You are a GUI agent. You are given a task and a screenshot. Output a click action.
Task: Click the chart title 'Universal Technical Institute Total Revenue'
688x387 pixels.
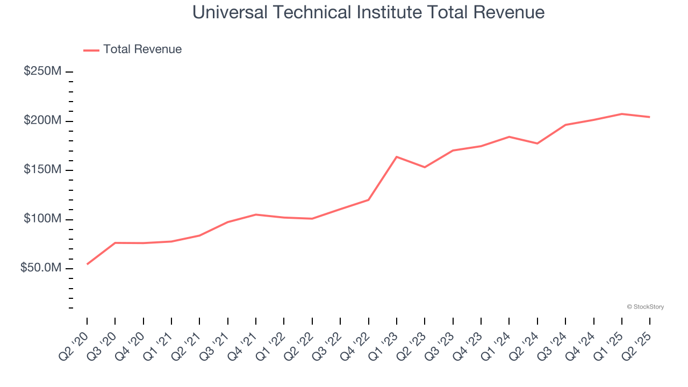pyautogui.click(x=368, y=12)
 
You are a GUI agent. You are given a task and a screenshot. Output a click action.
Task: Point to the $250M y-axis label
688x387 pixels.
pyautogui.click(x=42, y=71)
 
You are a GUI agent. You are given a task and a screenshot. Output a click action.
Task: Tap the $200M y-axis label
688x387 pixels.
pyautogui.click(x=42, y=121)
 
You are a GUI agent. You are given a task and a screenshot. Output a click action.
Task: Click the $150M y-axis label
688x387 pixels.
pyautogui.click(x=42, y=170)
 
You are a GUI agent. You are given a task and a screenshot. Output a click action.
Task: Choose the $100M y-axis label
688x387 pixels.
pyautogui.click(x=42, y=219)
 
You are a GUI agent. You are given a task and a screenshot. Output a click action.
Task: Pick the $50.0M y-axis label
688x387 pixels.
pyautogui.click(x=41, y=268)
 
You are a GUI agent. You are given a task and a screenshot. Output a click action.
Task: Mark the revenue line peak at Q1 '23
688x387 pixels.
pyautogui.click(x=397, y=157)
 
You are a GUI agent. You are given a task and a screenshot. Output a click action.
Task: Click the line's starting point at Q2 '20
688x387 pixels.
pyautogui.click(x=87, y=264)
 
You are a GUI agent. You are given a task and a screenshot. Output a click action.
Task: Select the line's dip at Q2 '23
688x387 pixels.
pyautogui.click(x=425, y=167)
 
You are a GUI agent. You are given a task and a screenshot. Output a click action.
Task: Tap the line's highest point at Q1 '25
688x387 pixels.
pyautogui.click(x=622, y=114)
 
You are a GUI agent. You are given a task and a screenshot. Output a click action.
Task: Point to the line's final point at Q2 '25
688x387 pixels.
pyautogui.click(x=650, y=117)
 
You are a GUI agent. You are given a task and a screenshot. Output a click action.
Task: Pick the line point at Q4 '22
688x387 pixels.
pyautogui.click(x=368, y=200)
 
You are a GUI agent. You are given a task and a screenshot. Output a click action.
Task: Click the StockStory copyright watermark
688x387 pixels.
pyautogui.click(x=645, y=307)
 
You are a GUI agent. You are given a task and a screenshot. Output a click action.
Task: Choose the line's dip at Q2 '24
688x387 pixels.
pyautogui.click(x=537, y=144)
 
